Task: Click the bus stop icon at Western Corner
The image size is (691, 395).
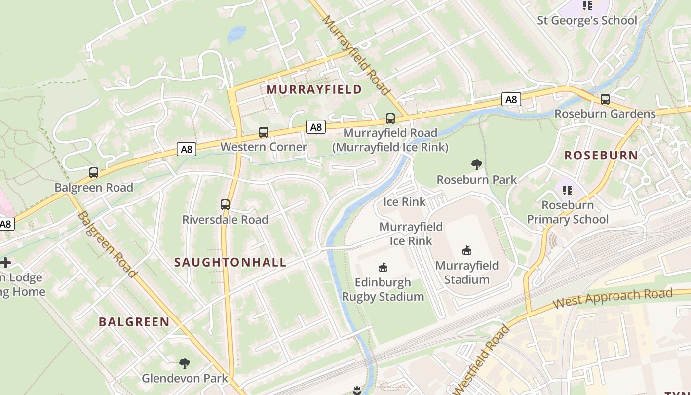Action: point(264,132)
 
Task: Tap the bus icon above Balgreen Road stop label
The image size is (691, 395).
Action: point(94,173)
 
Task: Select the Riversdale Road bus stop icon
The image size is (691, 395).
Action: point(225,204)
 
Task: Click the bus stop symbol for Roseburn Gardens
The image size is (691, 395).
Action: point(605,99)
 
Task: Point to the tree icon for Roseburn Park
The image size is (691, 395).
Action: point(477,164)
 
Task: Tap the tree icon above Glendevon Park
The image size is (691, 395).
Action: point(185,364)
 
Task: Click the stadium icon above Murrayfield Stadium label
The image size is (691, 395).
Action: point(467,251)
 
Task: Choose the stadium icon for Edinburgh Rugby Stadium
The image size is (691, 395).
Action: point(383,268)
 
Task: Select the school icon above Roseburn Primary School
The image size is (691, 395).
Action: point(568,190)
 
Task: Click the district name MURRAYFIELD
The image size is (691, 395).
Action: point(314,89)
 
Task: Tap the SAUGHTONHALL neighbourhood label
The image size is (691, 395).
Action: point(230,262)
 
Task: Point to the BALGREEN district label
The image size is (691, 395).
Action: point(134,322)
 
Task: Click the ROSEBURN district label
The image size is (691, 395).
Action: point(601,155)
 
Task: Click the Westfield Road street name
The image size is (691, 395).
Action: point(481,359)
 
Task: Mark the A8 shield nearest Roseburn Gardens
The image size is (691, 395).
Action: point(511,99)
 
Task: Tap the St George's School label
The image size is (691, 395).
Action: point(587,21)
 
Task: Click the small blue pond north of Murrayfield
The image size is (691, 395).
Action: point(236,34)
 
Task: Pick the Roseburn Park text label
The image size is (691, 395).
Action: point(477,179)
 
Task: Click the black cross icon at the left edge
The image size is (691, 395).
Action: point(5,263)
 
